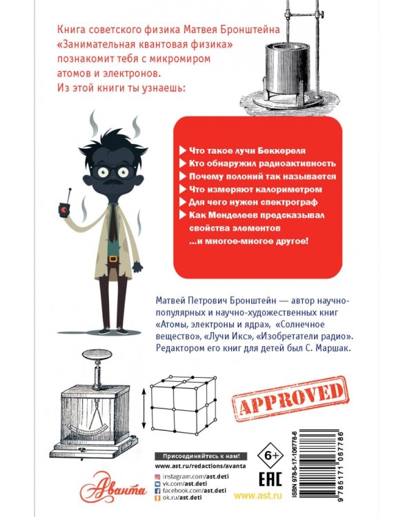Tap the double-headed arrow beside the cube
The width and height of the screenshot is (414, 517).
pos(142,407)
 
